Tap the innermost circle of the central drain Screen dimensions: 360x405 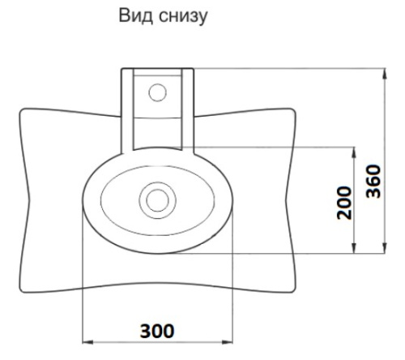tap(157, 198)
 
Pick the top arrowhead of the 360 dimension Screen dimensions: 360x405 tap(383, 74)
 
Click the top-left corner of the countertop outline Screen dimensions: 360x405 tap(20, 109)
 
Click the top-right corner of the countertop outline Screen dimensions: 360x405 tap(293, 109)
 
